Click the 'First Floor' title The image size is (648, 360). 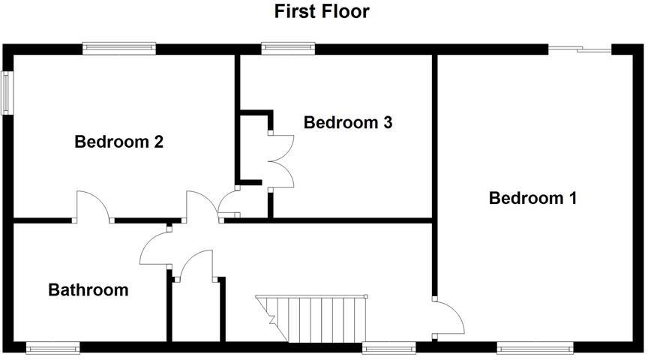click(322, 11)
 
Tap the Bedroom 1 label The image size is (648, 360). click(532, 198)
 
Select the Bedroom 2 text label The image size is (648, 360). click(119, 141)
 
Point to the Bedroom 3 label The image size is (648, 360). click(348, 122)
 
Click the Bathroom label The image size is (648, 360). click(88, 289)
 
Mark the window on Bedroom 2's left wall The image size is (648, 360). click(7, 93)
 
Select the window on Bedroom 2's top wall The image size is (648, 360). click(119, 49)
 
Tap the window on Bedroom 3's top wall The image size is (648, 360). click(288, 49)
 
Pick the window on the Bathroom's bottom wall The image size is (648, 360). click(52, 347)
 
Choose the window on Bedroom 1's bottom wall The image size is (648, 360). click(535, 347)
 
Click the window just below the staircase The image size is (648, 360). click(388, 347)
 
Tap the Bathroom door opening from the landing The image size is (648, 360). click(155, 247)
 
